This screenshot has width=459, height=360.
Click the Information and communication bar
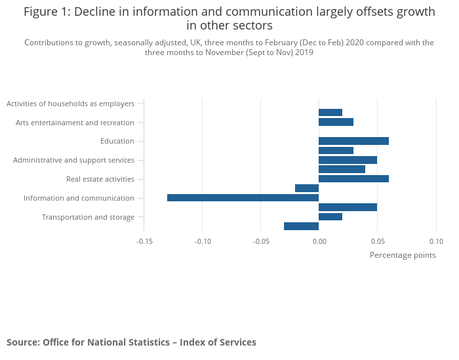243,197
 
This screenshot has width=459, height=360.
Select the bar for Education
353,141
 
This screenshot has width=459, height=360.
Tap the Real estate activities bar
353,179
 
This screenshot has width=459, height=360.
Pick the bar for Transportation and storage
330,217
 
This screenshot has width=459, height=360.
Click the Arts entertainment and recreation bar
336,122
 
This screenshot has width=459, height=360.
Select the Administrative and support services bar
348,160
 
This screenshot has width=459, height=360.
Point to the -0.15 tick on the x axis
144,241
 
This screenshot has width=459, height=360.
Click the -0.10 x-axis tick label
203,241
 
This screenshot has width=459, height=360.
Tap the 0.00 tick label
319,241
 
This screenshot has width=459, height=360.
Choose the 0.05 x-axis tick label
377,241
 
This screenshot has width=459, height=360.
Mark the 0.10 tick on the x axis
436,241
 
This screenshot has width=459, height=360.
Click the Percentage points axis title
403,255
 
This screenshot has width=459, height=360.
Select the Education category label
117,141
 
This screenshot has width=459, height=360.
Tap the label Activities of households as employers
70,104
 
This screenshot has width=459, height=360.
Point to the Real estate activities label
100,179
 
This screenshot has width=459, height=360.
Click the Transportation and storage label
88,217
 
